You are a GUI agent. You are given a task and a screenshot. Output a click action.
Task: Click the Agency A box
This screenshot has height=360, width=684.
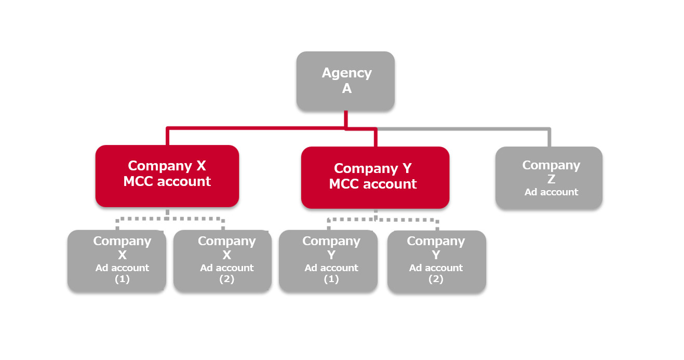(x=345, y=81)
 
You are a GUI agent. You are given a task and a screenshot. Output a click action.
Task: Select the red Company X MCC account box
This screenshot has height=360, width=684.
(x=167, y=176)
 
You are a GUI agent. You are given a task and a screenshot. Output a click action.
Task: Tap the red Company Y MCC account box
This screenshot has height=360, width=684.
(x=374, y=177)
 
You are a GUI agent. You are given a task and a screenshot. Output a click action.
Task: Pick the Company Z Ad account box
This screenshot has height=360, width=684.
(x=548, y=178)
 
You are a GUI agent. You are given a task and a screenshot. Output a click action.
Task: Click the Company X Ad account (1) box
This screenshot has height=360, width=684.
(x=116, y=260)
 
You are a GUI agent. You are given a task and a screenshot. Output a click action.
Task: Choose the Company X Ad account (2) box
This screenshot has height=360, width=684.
(x=222, y=260)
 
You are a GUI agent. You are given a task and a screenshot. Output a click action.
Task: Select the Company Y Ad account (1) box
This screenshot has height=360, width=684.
(x=328, y=260)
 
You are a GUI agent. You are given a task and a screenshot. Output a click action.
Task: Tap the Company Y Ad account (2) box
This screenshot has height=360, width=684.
(x=436, y=261)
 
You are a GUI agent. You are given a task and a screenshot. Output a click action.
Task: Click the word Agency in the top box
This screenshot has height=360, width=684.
(x=346, y=73)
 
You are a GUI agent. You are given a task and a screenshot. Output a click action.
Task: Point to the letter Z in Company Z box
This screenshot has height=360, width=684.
(x=551, y=179)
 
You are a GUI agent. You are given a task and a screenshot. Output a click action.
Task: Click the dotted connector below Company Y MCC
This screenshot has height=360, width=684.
(x=382, y=220)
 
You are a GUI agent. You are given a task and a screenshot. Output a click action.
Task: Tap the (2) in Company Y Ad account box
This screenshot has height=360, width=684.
(x=436, y=279)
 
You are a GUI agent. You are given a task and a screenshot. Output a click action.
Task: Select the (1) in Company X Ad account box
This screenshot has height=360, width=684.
(x=122, y=279)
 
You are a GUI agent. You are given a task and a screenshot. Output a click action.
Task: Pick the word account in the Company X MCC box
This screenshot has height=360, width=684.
(x=185, y=181)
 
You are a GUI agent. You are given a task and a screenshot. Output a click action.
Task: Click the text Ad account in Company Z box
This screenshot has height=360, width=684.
(x=551, y=192)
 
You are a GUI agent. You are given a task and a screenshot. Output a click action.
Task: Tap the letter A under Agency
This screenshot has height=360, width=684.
(x=346, y=89)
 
